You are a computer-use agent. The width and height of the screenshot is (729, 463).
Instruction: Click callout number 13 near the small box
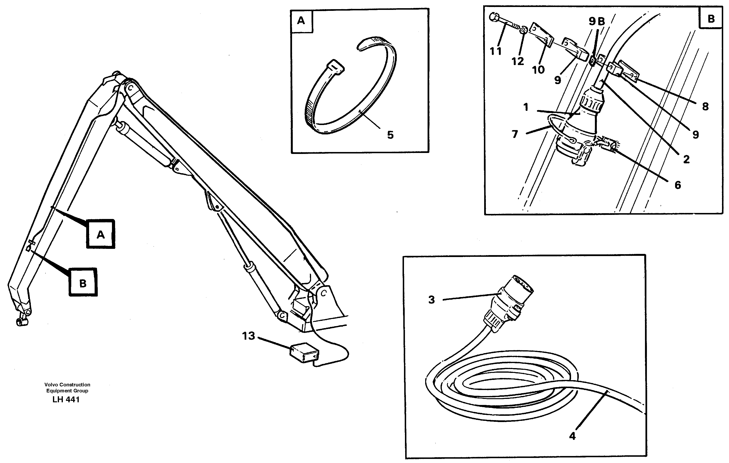(248, 336)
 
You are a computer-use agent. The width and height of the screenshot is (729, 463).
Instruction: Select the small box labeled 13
(304, 353)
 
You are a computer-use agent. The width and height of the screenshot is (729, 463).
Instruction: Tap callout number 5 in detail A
(390, 135)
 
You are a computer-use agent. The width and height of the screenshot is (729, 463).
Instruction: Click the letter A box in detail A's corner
(301, 21)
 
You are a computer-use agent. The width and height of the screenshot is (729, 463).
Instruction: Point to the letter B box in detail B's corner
(711, 19)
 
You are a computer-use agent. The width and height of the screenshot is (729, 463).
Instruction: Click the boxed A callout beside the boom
(100, 234)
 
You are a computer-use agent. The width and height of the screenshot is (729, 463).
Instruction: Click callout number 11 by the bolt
(495, 52)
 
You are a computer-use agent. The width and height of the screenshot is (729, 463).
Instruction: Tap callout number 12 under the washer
(518, 61)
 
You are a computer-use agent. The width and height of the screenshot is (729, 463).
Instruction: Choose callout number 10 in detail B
(538, 70)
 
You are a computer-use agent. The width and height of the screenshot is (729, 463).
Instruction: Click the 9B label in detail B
(597, 21)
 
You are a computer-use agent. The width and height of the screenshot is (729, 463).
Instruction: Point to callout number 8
(705, 106)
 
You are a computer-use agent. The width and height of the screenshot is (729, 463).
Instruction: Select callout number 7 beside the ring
(515, 134)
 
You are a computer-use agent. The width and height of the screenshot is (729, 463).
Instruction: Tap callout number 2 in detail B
(686, 159)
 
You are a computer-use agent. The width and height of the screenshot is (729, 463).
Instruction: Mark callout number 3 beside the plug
(432, 300)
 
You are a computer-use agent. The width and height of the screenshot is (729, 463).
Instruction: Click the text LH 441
(66, 400)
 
